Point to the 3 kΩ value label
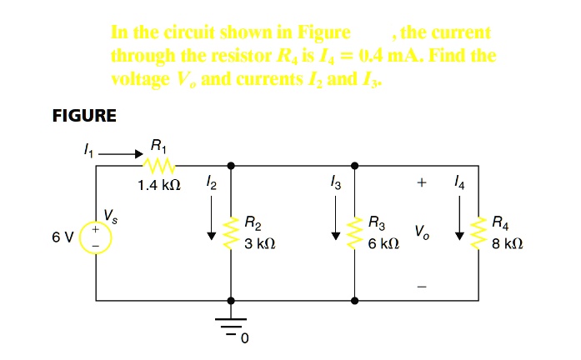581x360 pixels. [x=259, y=246]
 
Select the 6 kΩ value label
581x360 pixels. [x=384, y=246]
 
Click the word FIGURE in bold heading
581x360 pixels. [x=84, y=116]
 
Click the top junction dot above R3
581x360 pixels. [x=356, y=165]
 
